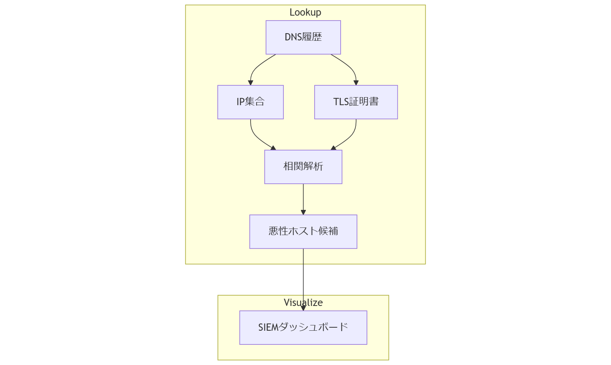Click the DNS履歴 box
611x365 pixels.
pos(303,37)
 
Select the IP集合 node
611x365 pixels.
pos(250,102)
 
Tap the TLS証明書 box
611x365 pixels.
pos(355,102)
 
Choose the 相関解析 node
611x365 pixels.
pos(303,167)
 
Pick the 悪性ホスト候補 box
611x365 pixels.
pos(303,232)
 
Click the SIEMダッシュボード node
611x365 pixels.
pos(303,328)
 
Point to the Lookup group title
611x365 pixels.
pos(305,12)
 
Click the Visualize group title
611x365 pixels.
pos(303,303)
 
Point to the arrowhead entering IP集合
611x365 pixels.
pos(251,83)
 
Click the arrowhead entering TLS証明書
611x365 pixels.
pos(356,83)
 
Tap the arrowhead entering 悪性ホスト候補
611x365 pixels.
pos(303,212)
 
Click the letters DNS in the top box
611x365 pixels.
pos(293,37)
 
